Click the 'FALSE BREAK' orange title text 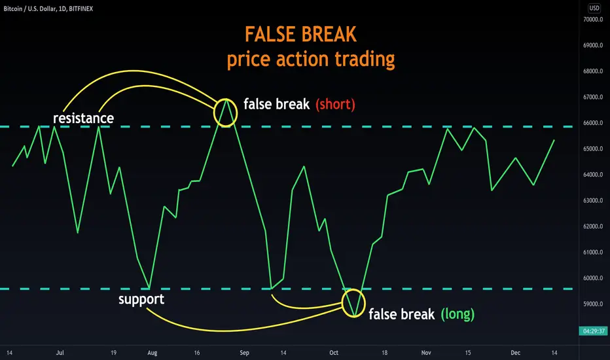300,34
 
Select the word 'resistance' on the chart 83,118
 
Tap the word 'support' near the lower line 141,300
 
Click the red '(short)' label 335,104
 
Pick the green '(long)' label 457,314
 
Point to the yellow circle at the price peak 214,113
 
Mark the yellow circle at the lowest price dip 342,303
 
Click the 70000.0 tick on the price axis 593,20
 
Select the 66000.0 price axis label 593,123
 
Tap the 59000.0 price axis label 593,304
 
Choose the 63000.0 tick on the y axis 593,200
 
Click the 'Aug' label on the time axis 152,353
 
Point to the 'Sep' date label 244,353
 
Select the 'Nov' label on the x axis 426,353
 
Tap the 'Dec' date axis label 516,353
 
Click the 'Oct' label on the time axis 334,353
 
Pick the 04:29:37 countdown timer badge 593,331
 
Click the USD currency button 594,8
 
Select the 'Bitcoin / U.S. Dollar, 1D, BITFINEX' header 48,9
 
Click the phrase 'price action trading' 311,60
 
